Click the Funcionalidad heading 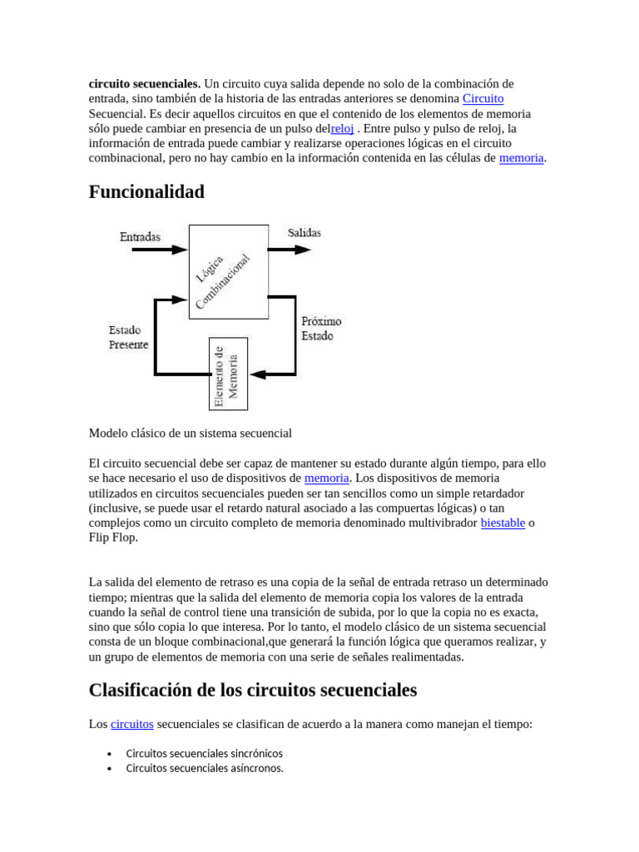pyautogui.click(x=146, y=192)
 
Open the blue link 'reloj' pyautogui.click(x=342, y=128)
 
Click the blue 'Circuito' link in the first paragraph pyautogui.click(x=483, y=98)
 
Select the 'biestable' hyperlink pyautogui.click(x=503, y=523)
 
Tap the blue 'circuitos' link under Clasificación pyautogui.click(x=131, y=724)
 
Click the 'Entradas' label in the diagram pyautogui.click(x=140, y=237)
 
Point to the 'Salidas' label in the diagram pyautogui.click(x=305, y=233)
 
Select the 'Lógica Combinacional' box pyautogui.click(x=229, y=271)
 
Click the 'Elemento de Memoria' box pyautogui.click(x=227, y=374)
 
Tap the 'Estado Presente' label pyautogui.click(x=128, y=337)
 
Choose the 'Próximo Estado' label pyautogui.click(x=321, y=329)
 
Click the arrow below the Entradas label pyautogui.click(x=154, y=250)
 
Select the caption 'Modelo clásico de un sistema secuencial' pyautogui.click(x=190, y=433)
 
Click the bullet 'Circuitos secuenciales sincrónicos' pyautogui.click(x=204, y=753)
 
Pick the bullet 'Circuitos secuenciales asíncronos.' pyautogui.click(x=205, y=768)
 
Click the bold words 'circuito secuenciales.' pyautogui.click(x=145, y=83)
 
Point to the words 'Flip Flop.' pyautogui.click(x=113, y=537)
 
